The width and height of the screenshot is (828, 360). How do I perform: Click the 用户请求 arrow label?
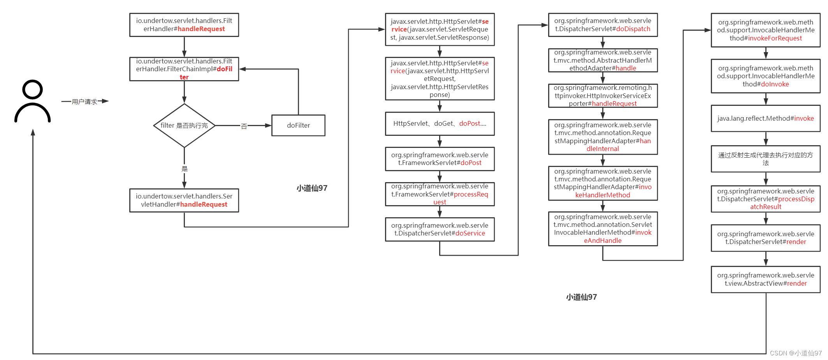[84, 102]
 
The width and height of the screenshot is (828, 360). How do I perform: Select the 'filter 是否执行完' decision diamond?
[184, 125]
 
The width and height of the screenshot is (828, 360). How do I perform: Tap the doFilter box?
[298, 125]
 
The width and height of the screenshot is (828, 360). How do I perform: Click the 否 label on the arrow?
[244, 126]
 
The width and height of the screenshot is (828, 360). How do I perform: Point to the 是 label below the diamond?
[185, 169]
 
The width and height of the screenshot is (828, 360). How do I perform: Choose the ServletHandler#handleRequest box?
[184, 200]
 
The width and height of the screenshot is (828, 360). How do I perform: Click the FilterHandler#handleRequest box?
[184, 25]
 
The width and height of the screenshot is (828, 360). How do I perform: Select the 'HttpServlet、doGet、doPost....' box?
[439, 124]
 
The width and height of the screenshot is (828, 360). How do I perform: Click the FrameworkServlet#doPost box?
[439, 159]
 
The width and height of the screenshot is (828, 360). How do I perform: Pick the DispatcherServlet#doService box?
[439, 229]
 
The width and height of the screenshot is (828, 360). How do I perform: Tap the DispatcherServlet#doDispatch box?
[603, 25]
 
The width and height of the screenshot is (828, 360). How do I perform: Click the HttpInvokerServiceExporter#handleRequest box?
[603, 96]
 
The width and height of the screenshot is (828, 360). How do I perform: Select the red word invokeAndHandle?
[603, 241]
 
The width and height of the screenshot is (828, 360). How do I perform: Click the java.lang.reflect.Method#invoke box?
[765, 118]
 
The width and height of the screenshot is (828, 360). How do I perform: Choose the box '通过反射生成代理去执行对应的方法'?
[765, 159]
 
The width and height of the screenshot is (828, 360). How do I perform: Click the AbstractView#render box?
[765, 279]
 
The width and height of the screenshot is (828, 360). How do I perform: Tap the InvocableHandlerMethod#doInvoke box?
[765, 76]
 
